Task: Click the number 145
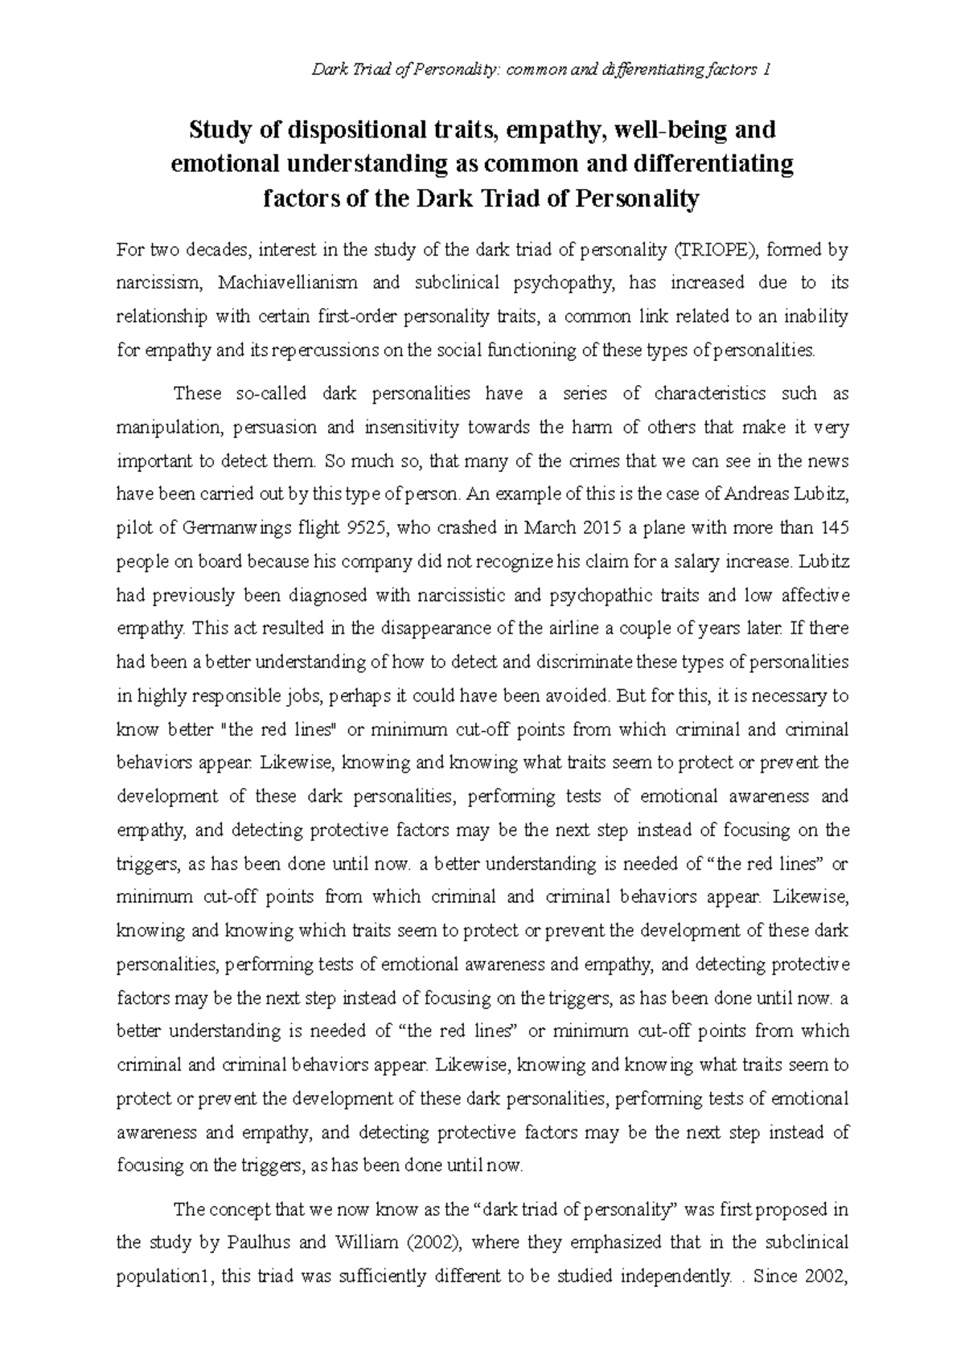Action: pyautogui.click(x=832, y=529)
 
